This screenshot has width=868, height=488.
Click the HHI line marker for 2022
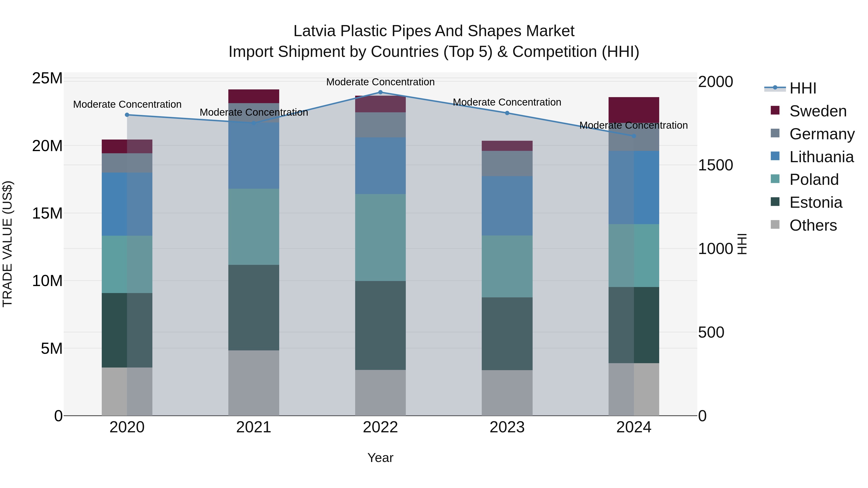click(x=380, y=92)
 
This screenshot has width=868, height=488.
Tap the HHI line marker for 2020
click(x=127, y=115)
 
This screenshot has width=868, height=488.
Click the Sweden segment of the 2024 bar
click(x=633, y=109)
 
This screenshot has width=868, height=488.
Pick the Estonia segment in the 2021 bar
click(x=254, y=307)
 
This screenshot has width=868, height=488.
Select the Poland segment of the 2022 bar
click(x=380, y=237)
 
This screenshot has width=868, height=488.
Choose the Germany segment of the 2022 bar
click(x=380, y=125)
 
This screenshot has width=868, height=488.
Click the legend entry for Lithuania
click(x=821, y=157)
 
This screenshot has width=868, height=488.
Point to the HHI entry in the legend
click(x=802, y=88)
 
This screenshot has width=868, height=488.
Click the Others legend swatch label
click(x=813, y=225)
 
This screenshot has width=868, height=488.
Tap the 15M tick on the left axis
click(x=47, y=213)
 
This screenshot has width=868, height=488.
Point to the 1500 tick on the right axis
click(x=715, y=165)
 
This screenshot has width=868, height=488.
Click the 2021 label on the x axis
click(x=254, y=427)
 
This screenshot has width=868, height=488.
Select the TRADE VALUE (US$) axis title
click(x=7, y=244)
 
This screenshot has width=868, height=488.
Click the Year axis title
click(x=380, y=458)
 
